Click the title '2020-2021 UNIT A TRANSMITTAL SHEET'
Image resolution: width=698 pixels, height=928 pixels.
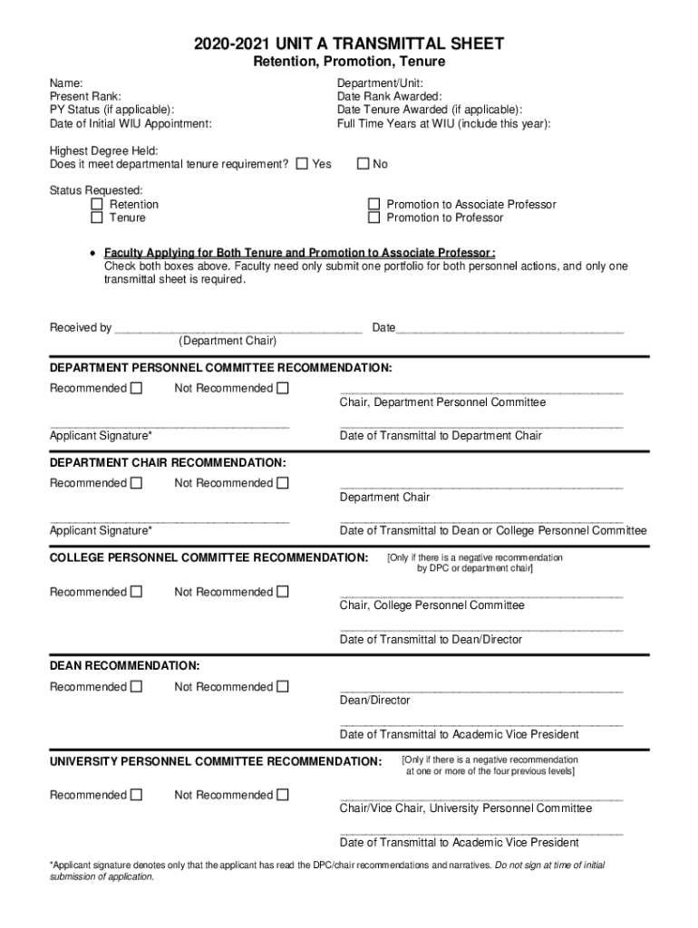click(x=348, y=43)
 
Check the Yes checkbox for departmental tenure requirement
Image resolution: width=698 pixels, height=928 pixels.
click(x=302, y=164)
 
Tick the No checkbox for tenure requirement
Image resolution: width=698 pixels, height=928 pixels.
click(x=363, y=164)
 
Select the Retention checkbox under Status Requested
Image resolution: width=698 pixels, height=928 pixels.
click(x=97, y=205)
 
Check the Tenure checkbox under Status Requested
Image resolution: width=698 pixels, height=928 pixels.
click(x=97, y=218)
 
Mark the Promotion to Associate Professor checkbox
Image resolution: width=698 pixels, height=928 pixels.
click(x=373, y=205)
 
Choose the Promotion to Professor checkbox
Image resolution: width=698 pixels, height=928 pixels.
click(x=373, y=218)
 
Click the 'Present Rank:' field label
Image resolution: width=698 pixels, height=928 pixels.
click(x=85, y=96)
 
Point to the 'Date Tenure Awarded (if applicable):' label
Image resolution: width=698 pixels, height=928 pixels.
click(x=430, y=110)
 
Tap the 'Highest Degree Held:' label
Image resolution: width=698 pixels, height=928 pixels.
click(x=104, y=150)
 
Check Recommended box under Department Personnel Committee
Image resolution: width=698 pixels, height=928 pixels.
click(x=136, y=389)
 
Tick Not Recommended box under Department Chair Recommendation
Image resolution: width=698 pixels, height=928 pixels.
click(x=283, y=483)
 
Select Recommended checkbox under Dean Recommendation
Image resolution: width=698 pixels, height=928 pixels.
click(x=136, y=687)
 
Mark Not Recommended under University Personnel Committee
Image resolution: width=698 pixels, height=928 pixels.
click(x=283, y=796)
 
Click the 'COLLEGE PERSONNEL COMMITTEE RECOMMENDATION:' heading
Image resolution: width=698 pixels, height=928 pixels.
click(x=208, y=556)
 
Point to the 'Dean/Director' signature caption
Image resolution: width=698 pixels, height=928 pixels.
click(x=374, y=701)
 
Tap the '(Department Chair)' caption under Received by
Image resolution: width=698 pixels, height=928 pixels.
click(x=228, y=342)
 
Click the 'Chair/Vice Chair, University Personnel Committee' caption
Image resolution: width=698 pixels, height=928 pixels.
click(x=465, y=808)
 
